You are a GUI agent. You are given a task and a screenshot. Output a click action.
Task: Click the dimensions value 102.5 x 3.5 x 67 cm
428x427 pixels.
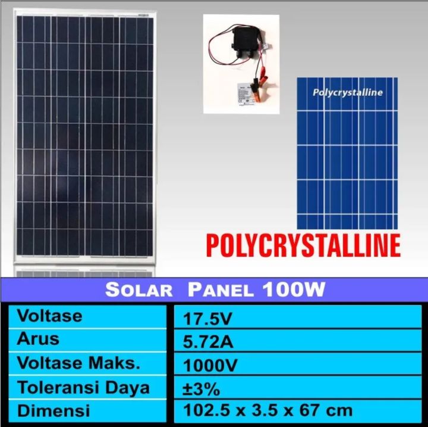(x=266, y=410)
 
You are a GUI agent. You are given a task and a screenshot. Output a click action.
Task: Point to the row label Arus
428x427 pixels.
(x=39, y=339)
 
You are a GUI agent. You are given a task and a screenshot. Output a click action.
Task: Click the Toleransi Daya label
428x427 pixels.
(x=83, y=387)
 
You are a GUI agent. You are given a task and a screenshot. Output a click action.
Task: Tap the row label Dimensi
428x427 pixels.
(x=53, y=410)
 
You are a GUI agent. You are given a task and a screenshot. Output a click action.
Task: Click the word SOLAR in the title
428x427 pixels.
(x=139, y=291)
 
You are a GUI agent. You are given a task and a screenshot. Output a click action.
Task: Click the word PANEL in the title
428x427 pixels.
(x=221, y=291)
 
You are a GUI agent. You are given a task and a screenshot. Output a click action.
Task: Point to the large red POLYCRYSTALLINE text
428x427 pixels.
(x=303, y=245)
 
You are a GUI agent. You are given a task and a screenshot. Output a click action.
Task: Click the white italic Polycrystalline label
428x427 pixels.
(x=348, y=92)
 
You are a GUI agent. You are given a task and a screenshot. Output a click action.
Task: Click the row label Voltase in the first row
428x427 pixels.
(x=49, y=316)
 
